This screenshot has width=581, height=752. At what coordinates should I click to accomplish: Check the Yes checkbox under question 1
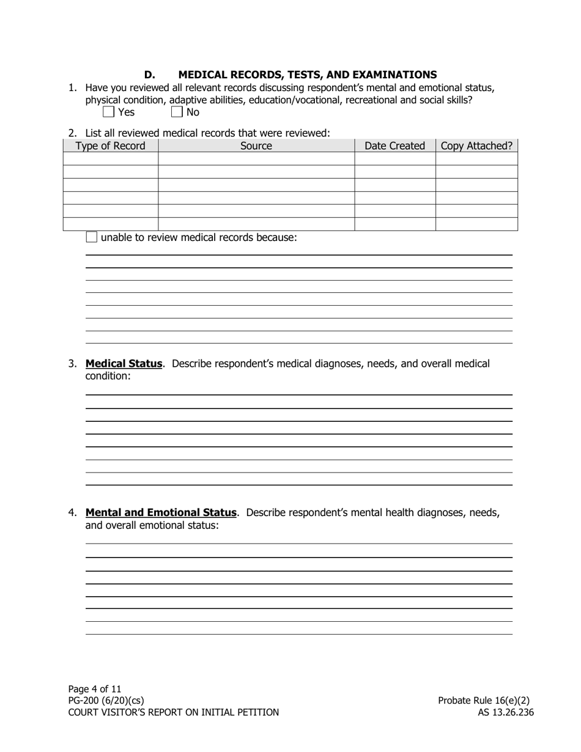(108, 112)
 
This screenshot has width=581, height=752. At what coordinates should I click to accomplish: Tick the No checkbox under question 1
(177, 112)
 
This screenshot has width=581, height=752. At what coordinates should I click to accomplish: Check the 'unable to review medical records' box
(91, 237)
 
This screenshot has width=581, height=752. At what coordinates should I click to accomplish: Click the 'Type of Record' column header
(110, 146)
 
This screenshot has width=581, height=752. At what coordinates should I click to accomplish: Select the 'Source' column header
(256, 146)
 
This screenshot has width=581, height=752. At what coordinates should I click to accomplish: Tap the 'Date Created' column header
(394, 146)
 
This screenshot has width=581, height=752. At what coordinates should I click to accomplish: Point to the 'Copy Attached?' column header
(476, 146)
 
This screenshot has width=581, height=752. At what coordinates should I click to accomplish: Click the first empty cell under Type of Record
(110, 159)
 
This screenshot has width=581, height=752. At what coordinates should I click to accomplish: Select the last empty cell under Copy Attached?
(476, 224)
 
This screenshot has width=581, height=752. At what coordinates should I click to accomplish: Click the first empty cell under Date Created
(394, 159)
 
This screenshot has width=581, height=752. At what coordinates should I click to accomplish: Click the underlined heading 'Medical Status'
(124, 364)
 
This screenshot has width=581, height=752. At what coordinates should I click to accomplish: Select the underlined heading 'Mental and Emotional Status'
(161, 512)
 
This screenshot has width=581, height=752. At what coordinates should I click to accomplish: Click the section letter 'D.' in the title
(150, 75)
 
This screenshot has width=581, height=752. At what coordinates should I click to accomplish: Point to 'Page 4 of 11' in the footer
(95, 689)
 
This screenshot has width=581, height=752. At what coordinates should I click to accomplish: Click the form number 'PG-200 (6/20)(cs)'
(106, 701)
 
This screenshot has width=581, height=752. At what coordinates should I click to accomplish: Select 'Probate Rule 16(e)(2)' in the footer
(484, 701)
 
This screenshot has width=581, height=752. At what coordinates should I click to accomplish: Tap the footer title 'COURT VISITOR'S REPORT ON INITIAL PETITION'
(173, 712)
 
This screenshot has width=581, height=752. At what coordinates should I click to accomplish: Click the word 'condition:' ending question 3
(108, 376)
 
